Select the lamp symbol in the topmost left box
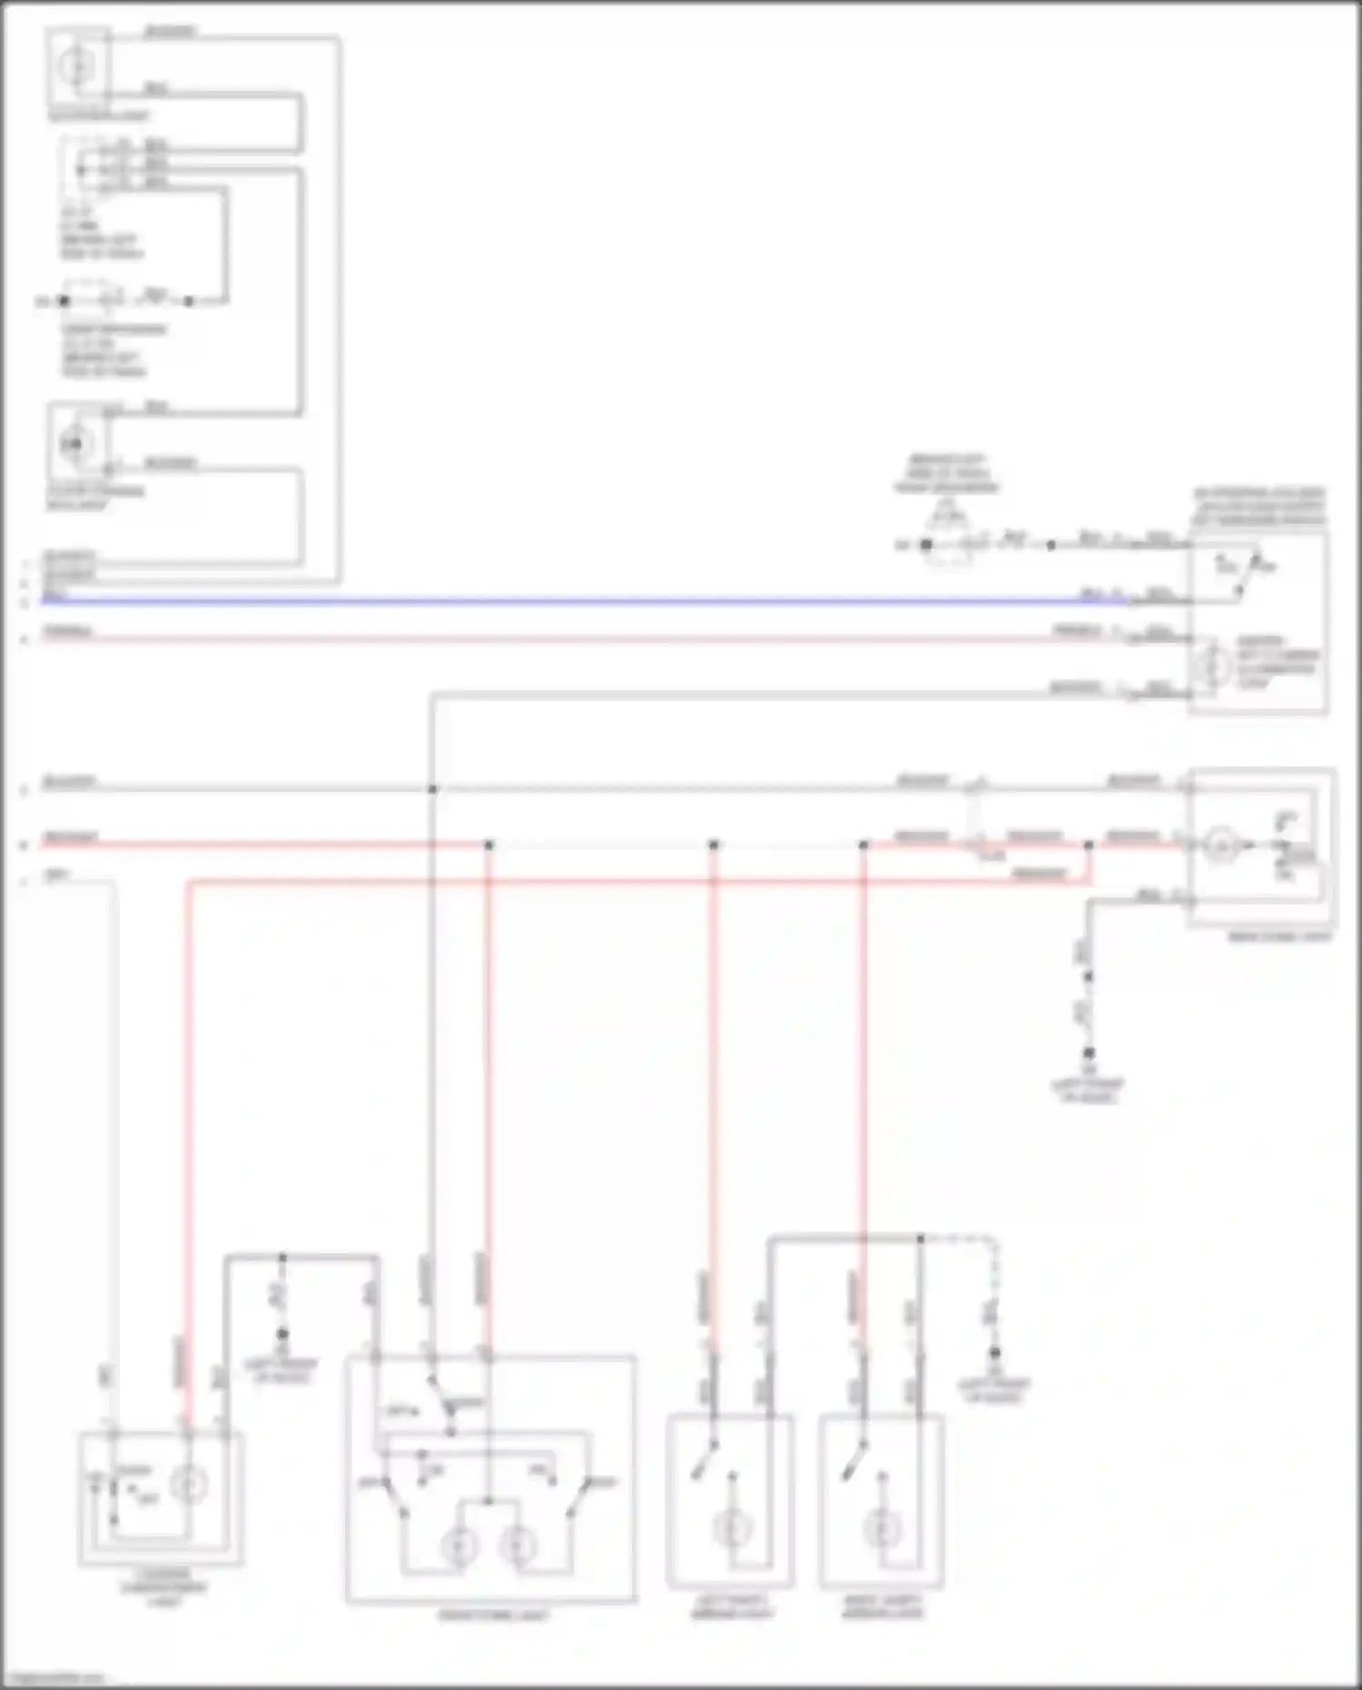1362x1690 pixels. pos(77,65)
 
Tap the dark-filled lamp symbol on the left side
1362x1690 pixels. pos(75,443)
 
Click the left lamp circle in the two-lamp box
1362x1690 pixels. pos(459,1546)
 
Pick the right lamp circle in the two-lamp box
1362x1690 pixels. pos(518,1546)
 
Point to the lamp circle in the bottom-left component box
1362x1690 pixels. pos(189,1486)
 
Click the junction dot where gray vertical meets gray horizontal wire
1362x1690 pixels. pos(432,789)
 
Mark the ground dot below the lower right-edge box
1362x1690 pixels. pos(1089,1053)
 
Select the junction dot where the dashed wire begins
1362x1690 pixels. pos(920,1239)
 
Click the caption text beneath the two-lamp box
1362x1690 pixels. pos(492,1616)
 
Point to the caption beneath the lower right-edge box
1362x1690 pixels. pos(1279,936)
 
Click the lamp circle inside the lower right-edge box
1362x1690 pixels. pos(1221,845)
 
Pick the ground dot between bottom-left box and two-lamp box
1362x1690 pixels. pos(282,1334)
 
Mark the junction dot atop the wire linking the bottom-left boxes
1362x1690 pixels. pos(282,1258)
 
